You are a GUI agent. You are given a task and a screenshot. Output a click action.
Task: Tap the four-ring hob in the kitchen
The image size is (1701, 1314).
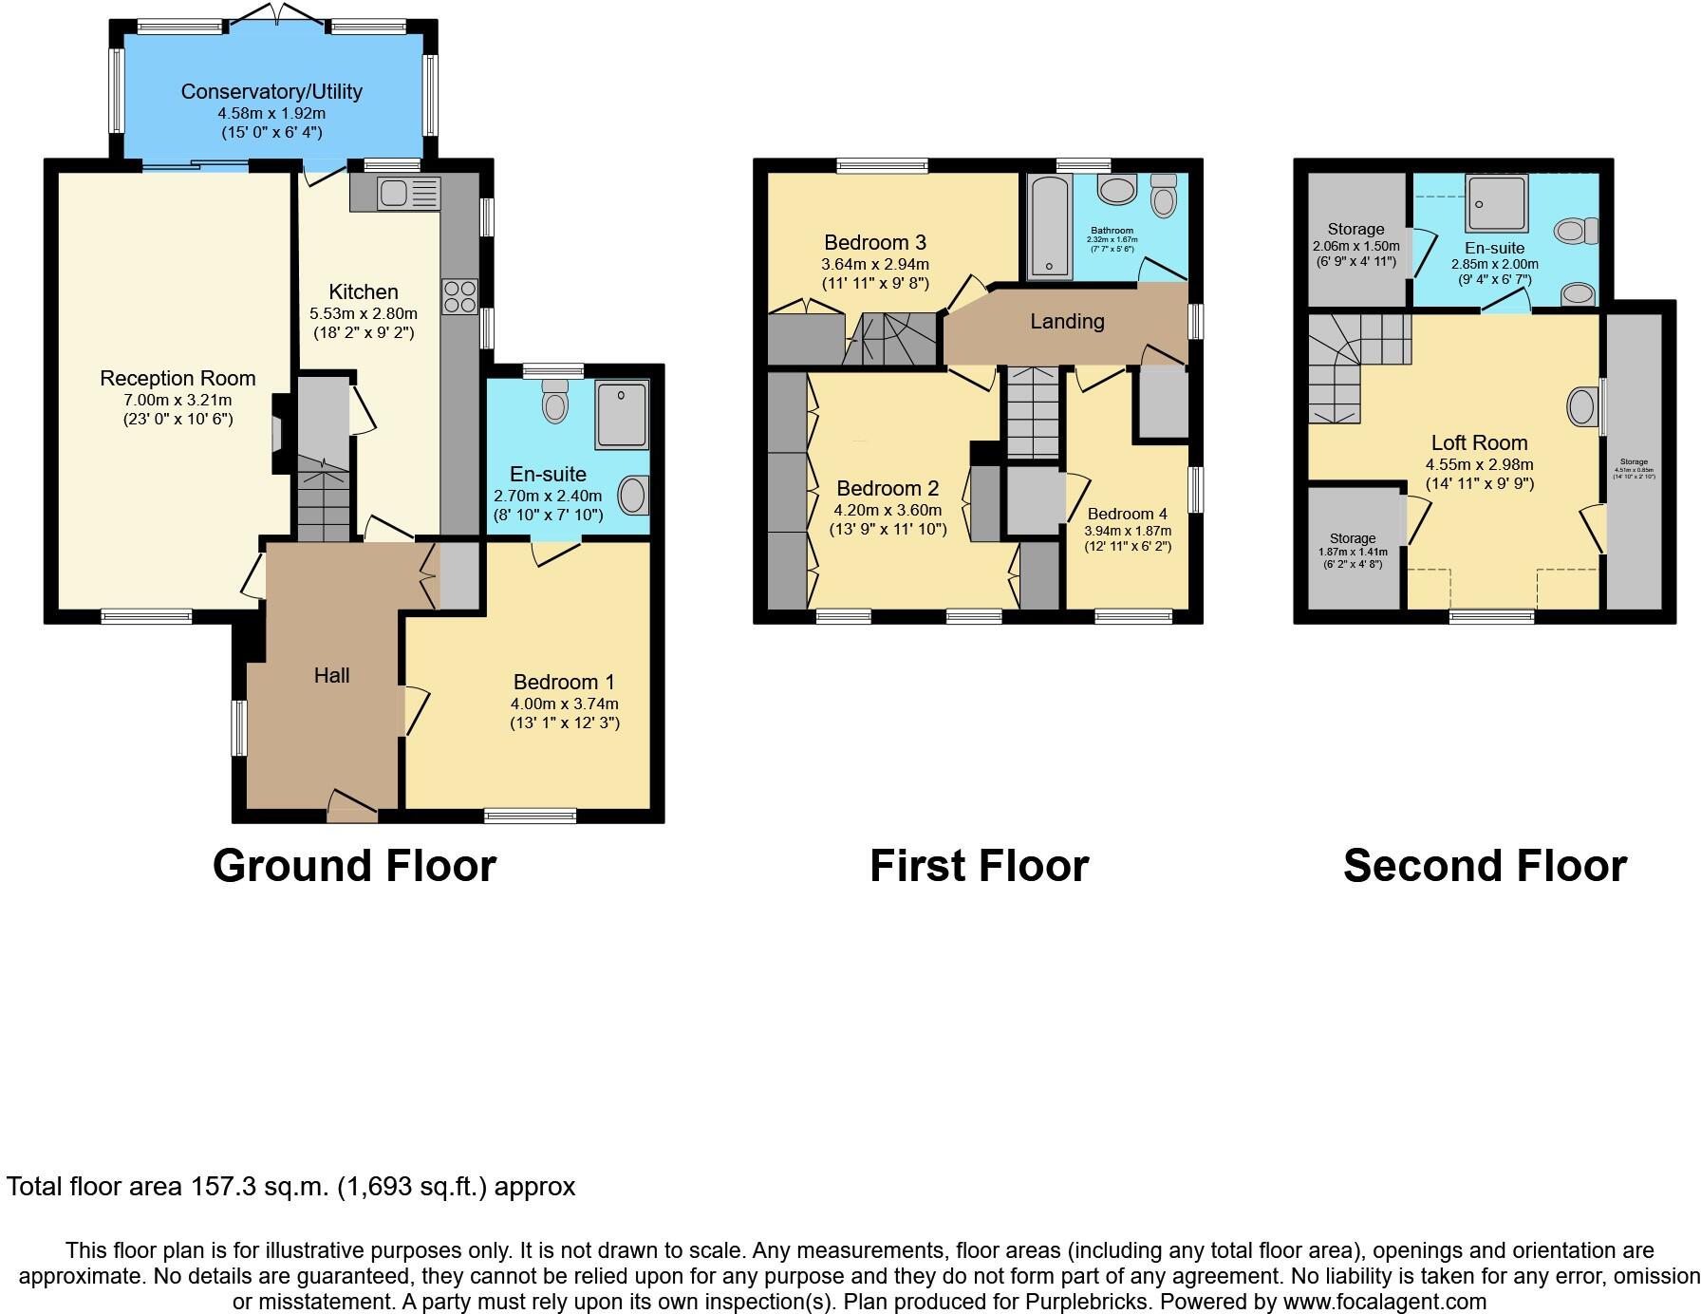pos(459,296)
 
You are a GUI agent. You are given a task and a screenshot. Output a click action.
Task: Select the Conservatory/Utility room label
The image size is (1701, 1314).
pos(271,92)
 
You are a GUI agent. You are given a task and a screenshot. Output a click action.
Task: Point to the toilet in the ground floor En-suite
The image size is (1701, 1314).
pos(555,403)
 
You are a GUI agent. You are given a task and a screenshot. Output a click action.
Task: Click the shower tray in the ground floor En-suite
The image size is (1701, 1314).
pos(622,415)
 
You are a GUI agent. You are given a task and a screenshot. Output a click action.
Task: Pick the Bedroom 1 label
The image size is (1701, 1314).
pos(564,682)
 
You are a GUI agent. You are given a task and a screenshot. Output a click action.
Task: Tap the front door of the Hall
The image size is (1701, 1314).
pos(351,806)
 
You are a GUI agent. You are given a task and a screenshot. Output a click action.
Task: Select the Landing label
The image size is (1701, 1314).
pos(1067,322)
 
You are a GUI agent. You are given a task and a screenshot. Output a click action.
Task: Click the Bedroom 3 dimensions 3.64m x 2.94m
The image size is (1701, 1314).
pos(874,265)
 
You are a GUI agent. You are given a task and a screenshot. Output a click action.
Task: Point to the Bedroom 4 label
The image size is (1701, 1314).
pos(1127,514)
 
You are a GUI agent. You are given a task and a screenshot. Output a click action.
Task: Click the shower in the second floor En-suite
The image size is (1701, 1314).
pos(1496,203)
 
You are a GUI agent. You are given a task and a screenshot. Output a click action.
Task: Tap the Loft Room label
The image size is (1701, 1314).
pos(1479,442)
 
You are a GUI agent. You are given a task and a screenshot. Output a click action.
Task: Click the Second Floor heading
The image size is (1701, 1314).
pos(1485,866)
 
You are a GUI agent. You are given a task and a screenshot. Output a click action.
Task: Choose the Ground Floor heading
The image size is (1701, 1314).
pos(354,866)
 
